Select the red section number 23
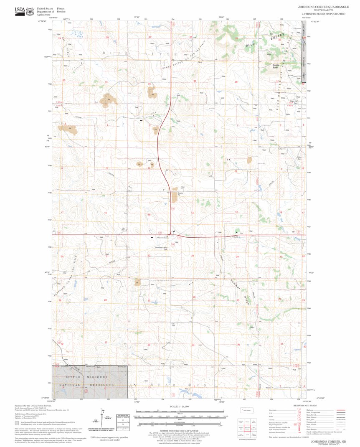tap(193, 256)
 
